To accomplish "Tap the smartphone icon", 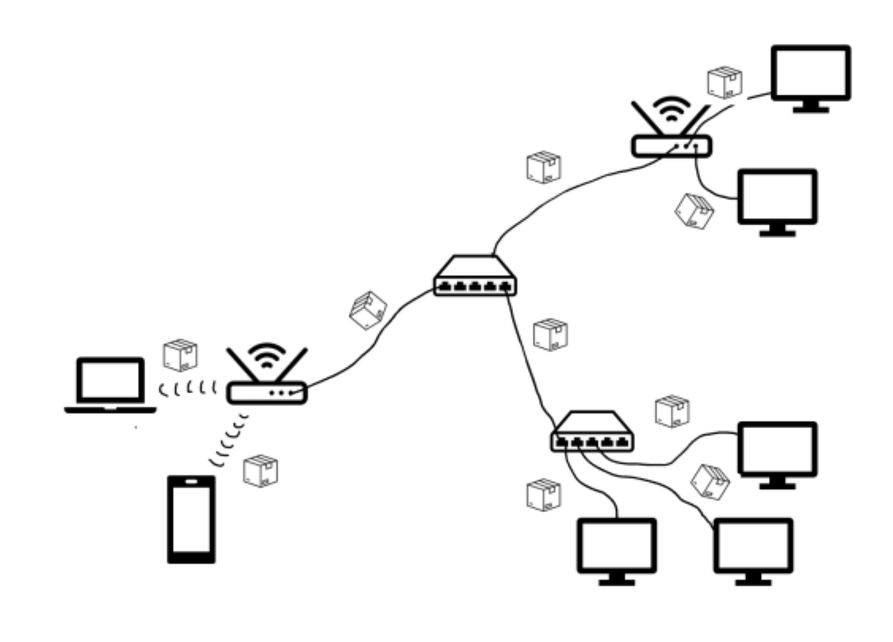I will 191,519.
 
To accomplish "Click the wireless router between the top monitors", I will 672,145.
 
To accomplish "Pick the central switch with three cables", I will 475,278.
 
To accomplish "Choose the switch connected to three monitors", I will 592,433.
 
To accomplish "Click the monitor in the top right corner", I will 811,74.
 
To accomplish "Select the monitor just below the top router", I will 777,197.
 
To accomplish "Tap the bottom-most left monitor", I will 617,547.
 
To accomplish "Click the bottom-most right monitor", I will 753,547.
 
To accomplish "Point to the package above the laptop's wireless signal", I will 180,355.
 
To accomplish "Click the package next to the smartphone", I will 261,470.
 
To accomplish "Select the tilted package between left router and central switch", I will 368,310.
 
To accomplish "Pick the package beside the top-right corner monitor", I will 724,82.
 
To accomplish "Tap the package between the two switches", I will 550,334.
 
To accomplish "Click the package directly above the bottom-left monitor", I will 544,494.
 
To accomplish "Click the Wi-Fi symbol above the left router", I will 267,355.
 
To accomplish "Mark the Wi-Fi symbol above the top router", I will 671,108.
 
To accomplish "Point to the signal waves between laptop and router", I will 188,389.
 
